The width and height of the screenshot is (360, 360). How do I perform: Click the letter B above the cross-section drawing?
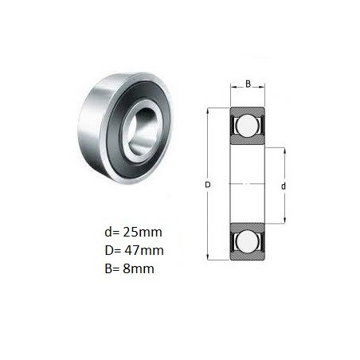[x=248, y=84]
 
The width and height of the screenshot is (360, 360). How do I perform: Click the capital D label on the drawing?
[x=208, y=185]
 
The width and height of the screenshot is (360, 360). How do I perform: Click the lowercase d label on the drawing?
[x=284, y=186]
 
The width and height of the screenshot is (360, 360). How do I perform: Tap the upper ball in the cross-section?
[x=247, y=126]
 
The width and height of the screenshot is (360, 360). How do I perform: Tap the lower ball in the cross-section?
[x=247, y=241]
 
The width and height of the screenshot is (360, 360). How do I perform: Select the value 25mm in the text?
[x=143, y=232]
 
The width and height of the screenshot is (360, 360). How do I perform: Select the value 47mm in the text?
[x=143, y=250]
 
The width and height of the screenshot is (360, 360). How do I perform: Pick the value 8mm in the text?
[x=139, y=268]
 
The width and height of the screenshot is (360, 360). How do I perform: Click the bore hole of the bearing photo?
[x=143, y=132]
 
